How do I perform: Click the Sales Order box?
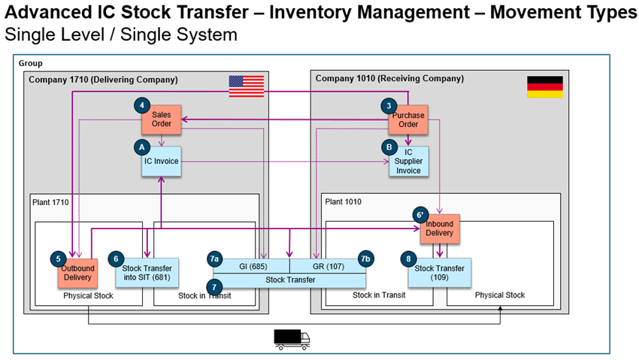pyautogui.click(x=162, y=119)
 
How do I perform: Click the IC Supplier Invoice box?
pyautogui.click(x=409, y=162)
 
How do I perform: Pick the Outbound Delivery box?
pyautogui.click(x=78, y=272)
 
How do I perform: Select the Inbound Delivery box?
pyautogui.click(x=439, y=228)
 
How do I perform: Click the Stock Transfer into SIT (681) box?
pyautogui.click(x=147, y=272)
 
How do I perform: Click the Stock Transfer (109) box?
pyautogui.click(x=439, y=272)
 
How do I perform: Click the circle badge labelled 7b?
pyautogui.click(x=365, y=259)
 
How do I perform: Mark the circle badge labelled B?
pyautogui.click(x=388, y=147)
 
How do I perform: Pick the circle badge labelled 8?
pyautogui.click(x=409, y=259)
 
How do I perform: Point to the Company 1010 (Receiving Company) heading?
pyautogui.click(x=389, y=78)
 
